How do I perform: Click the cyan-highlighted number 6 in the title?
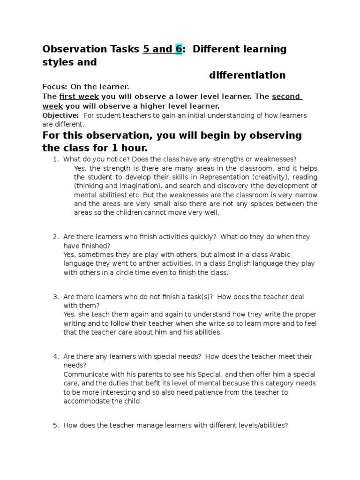point(179,49)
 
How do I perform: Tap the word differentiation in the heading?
point(247,75)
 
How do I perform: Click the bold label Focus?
point(55,87)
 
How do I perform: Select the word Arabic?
point(279,255)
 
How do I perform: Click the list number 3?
point(55,297)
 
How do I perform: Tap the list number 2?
point(55,237)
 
